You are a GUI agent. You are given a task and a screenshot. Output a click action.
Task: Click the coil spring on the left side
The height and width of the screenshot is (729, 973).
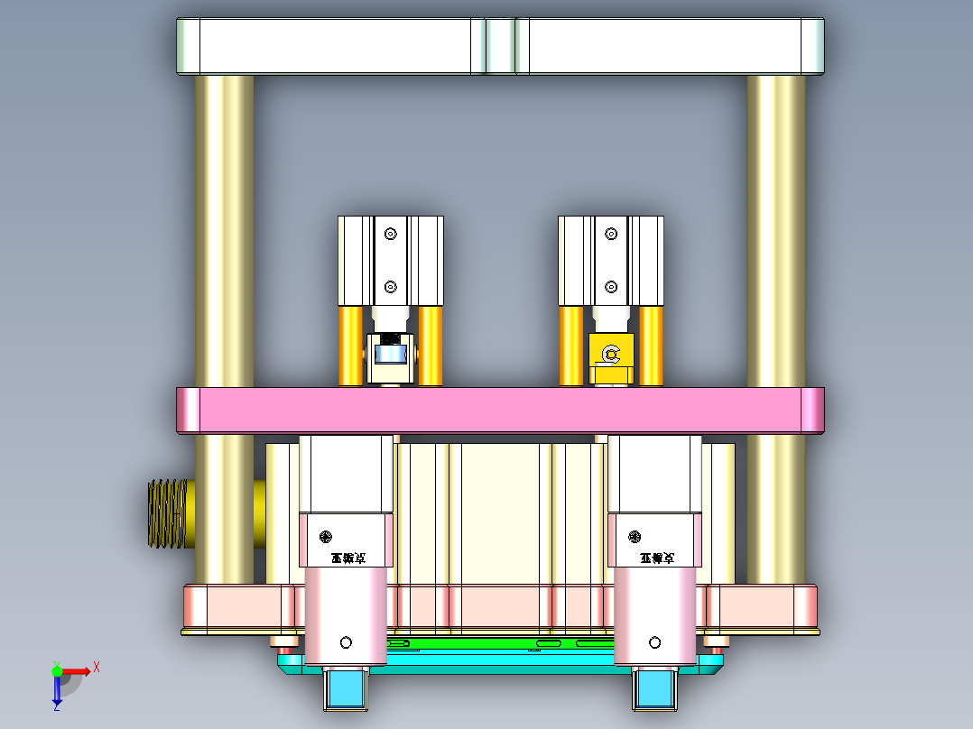click(x=166, y=513)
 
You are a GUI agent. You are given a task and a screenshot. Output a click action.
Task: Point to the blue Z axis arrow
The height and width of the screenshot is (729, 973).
click(x=57, y=693)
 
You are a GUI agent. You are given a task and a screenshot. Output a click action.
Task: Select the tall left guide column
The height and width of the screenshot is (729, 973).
click(x=225, y=226)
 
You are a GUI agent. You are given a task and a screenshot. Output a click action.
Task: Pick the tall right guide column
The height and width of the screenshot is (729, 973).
click(x=776, y=226)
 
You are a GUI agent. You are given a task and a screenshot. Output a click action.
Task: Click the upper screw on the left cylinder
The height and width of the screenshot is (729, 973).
click(x=390, y=235)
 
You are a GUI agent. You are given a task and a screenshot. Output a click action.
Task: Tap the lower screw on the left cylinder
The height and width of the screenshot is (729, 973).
click(x=390, y=287)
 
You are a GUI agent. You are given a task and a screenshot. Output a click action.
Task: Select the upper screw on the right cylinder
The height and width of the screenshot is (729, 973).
click(x=611, y=235)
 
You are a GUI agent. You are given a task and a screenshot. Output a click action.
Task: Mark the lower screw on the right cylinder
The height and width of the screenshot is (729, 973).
click(x=611, y=288)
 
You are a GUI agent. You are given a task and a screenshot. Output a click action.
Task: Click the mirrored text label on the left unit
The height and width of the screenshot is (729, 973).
click(x=347, y=558)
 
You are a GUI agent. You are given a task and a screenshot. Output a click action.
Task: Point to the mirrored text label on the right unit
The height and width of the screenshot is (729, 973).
click(x=658, y=558)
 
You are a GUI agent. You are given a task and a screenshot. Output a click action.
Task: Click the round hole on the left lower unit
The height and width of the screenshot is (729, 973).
click(x=346, y=642)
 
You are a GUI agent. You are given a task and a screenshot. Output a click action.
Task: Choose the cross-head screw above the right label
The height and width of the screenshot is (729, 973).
click(x=635, y=537)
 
